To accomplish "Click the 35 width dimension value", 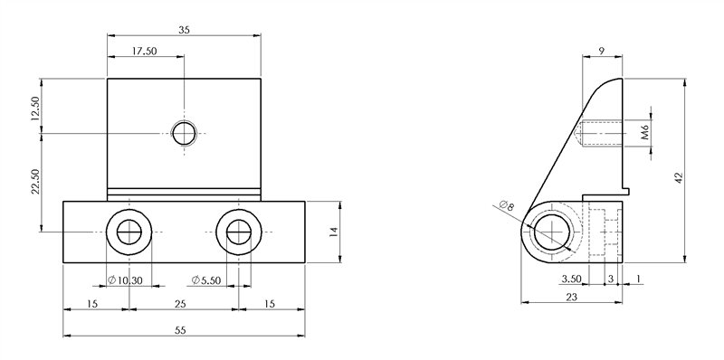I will pos(185,29).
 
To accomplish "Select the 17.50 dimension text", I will pos(145,52).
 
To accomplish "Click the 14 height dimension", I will pos(334,232).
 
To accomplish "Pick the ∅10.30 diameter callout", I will pos(125,279).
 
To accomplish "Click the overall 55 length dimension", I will pos(180,331).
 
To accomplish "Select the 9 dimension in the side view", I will pos(601,52).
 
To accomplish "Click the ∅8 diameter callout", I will pos(506,207).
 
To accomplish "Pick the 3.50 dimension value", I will pos(571,279).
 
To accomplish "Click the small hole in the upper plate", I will pos(186,134).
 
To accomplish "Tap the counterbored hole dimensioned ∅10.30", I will pos(129,232).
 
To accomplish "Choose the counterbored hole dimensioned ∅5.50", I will pos(238,232).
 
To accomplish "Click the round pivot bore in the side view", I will pos(551,232).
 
